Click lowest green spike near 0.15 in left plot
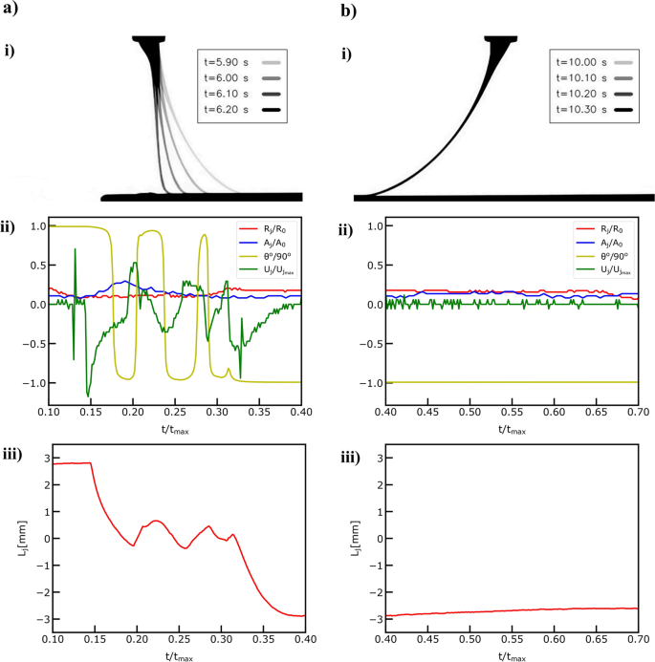88,395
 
